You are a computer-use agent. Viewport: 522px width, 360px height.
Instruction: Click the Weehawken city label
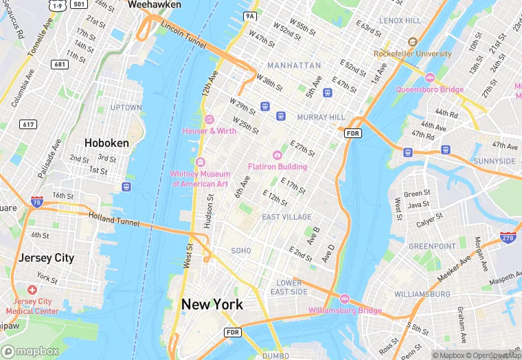pyautogui.click(x=155, y=5)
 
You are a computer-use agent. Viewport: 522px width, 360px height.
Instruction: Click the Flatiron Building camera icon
pyautogui.click(x=277, y=155)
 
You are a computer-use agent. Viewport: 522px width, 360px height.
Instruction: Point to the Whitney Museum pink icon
pyautogui.click(x=201, y=162)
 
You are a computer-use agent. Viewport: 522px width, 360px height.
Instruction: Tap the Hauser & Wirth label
pyautogui.click(x=209, y=131)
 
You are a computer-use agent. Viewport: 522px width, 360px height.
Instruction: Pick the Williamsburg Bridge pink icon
pyautogui.click(x=344, y=299)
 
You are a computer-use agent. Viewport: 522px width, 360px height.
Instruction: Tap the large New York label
pyautogui.click(x=212, y=304)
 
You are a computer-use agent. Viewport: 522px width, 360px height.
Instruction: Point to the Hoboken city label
pyautogui.click(x=106, y=143)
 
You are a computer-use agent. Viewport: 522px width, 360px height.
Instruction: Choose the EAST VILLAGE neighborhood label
pyautogui.click(x=287, y=217)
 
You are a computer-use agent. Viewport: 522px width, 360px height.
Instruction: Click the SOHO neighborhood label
pyautogui.click(x=241, y=251)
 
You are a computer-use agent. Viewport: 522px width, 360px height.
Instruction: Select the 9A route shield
pyautogui.click(x=249, y=15)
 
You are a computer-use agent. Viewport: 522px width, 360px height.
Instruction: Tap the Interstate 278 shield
pyautogui.click(x=508, y=238)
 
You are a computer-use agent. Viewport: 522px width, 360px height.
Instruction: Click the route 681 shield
pyautogui.click(x=59, y=64)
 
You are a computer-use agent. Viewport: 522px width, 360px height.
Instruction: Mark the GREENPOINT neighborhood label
pyautogui.click(x=432, y=246)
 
